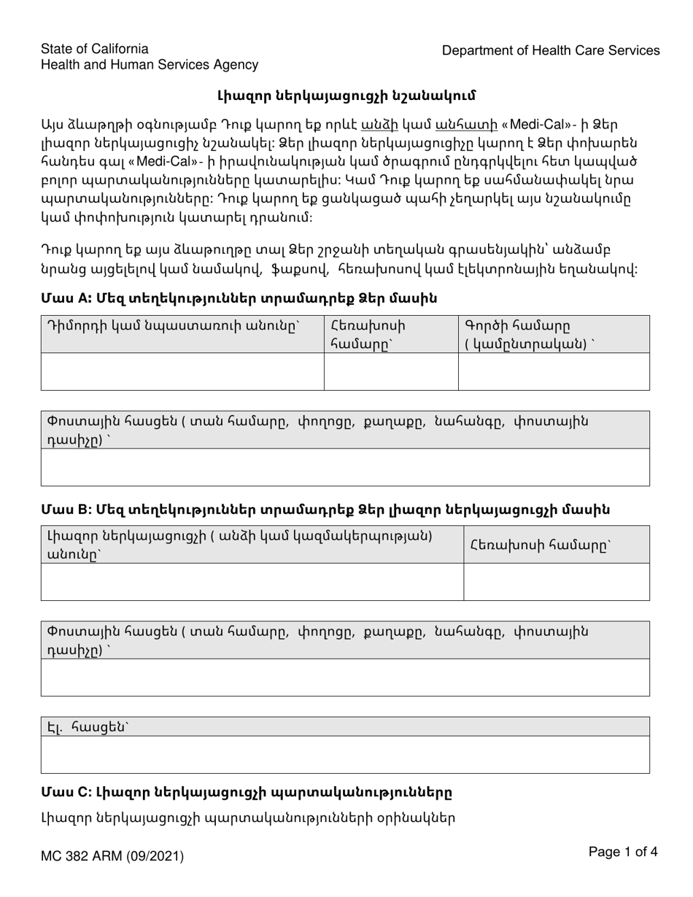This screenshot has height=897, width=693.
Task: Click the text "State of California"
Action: [x=95, y=49]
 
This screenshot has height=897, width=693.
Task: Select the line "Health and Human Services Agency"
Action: [x=150, y=65]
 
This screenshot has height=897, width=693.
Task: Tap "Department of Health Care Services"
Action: [x=551, y=50]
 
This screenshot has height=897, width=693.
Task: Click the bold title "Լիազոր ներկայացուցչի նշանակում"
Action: [x=346, y=96]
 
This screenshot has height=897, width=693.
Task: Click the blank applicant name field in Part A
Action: [x=182, y=371]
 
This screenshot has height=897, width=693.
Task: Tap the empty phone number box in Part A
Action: [x=390, y=371]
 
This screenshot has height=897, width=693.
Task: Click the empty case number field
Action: [x=554, y=371]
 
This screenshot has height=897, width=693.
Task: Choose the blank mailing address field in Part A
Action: [x=345, y=467]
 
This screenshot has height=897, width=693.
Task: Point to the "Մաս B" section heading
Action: [x=325, y=509]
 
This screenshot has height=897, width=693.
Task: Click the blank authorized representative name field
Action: [x=252, y=581]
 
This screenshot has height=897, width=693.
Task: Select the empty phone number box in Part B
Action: [x=557, y=581]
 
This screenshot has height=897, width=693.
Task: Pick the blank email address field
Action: [x=345, y=754]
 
